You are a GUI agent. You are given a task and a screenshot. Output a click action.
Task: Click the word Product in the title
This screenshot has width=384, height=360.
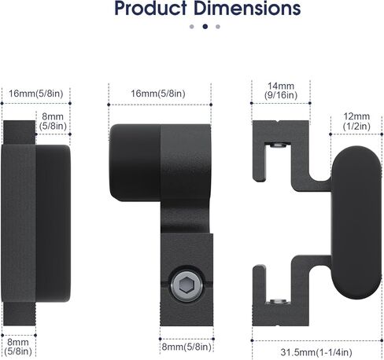tap(150, 9)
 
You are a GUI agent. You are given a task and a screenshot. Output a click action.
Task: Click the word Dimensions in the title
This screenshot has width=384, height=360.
tap(247, 9)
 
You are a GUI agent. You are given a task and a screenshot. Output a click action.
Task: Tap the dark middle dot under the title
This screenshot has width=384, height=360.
tap(205, 27)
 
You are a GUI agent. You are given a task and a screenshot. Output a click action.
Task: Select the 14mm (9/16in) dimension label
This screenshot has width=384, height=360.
tap(281, 90)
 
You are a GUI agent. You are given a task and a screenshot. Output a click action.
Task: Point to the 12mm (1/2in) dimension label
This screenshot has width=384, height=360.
tap(356, 121)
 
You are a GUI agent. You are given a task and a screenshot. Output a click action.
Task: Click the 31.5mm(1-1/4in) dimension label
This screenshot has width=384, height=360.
tap(316, 352)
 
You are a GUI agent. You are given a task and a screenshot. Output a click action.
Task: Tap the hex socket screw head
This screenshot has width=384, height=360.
tap(186, 285)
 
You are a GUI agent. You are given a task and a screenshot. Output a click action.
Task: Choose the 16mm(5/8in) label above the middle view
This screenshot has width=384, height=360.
tap(158, 94)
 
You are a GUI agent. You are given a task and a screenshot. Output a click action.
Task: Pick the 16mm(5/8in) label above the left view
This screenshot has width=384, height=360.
tap(36, 94)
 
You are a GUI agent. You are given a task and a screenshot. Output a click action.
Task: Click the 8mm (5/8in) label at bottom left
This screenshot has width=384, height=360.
tap(18, 347)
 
